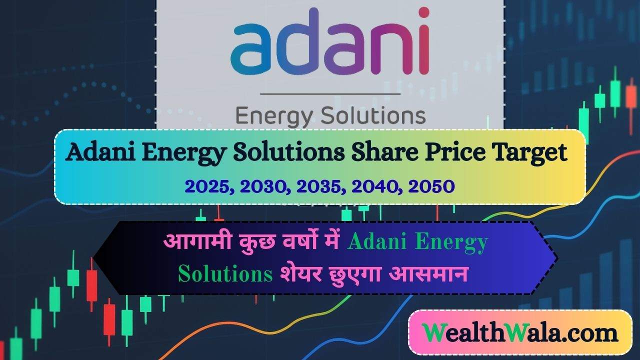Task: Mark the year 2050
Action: pyautogui.click(x=431, y=186)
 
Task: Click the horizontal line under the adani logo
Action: pyautogui.click(x=330, y=93)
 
